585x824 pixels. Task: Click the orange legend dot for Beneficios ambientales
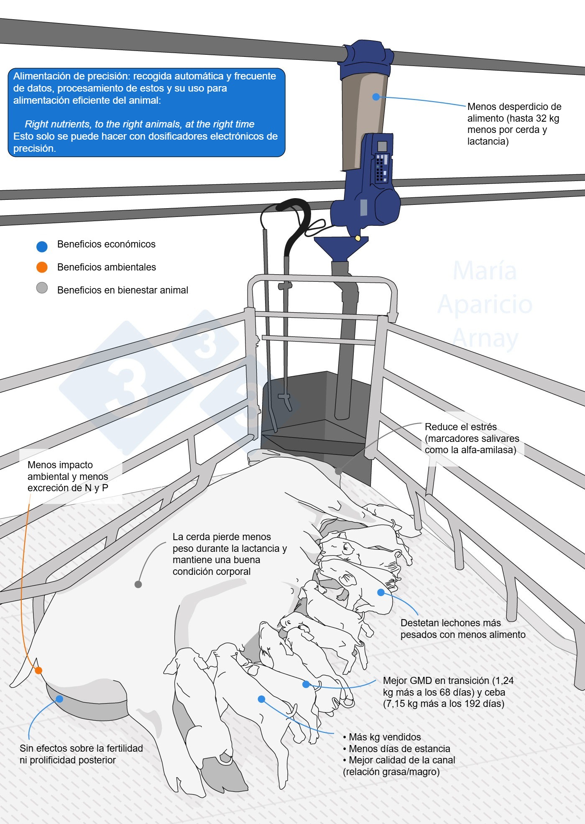[42, 267]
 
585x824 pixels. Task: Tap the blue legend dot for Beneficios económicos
[42, 247]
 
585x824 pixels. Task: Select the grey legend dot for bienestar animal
[42, 288]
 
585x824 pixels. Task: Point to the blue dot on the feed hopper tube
[376, 97]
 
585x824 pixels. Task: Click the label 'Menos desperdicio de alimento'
[514, 112]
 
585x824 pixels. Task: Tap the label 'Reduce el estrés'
[460, 427]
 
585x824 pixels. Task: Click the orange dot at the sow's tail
[38, 671]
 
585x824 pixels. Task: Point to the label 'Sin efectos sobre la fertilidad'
[81, 748]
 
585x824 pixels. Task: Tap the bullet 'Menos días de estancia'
[399, 749]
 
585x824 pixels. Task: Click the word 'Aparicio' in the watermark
[485, 304]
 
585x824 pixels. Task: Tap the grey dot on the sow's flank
[138, 584]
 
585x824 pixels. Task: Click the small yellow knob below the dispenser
[358, 238]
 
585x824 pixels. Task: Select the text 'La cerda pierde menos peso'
[222, 542]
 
